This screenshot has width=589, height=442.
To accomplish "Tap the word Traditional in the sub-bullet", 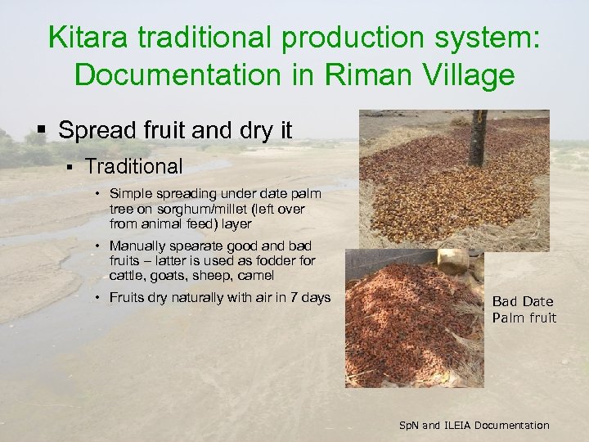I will pos(133,166).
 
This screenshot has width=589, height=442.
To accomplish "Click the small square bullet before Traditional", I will pos(71,167).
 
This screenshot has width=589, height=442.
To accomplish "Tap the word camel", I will pos(254,275).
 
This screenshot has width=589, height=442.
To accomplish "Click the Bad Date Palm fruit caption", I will pos(524,309).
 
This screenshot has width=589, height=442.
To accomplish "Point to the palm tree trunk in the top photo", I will pos(477,139).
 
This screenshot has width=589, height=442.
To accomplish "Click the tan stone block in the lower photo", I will pos(452,261).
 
